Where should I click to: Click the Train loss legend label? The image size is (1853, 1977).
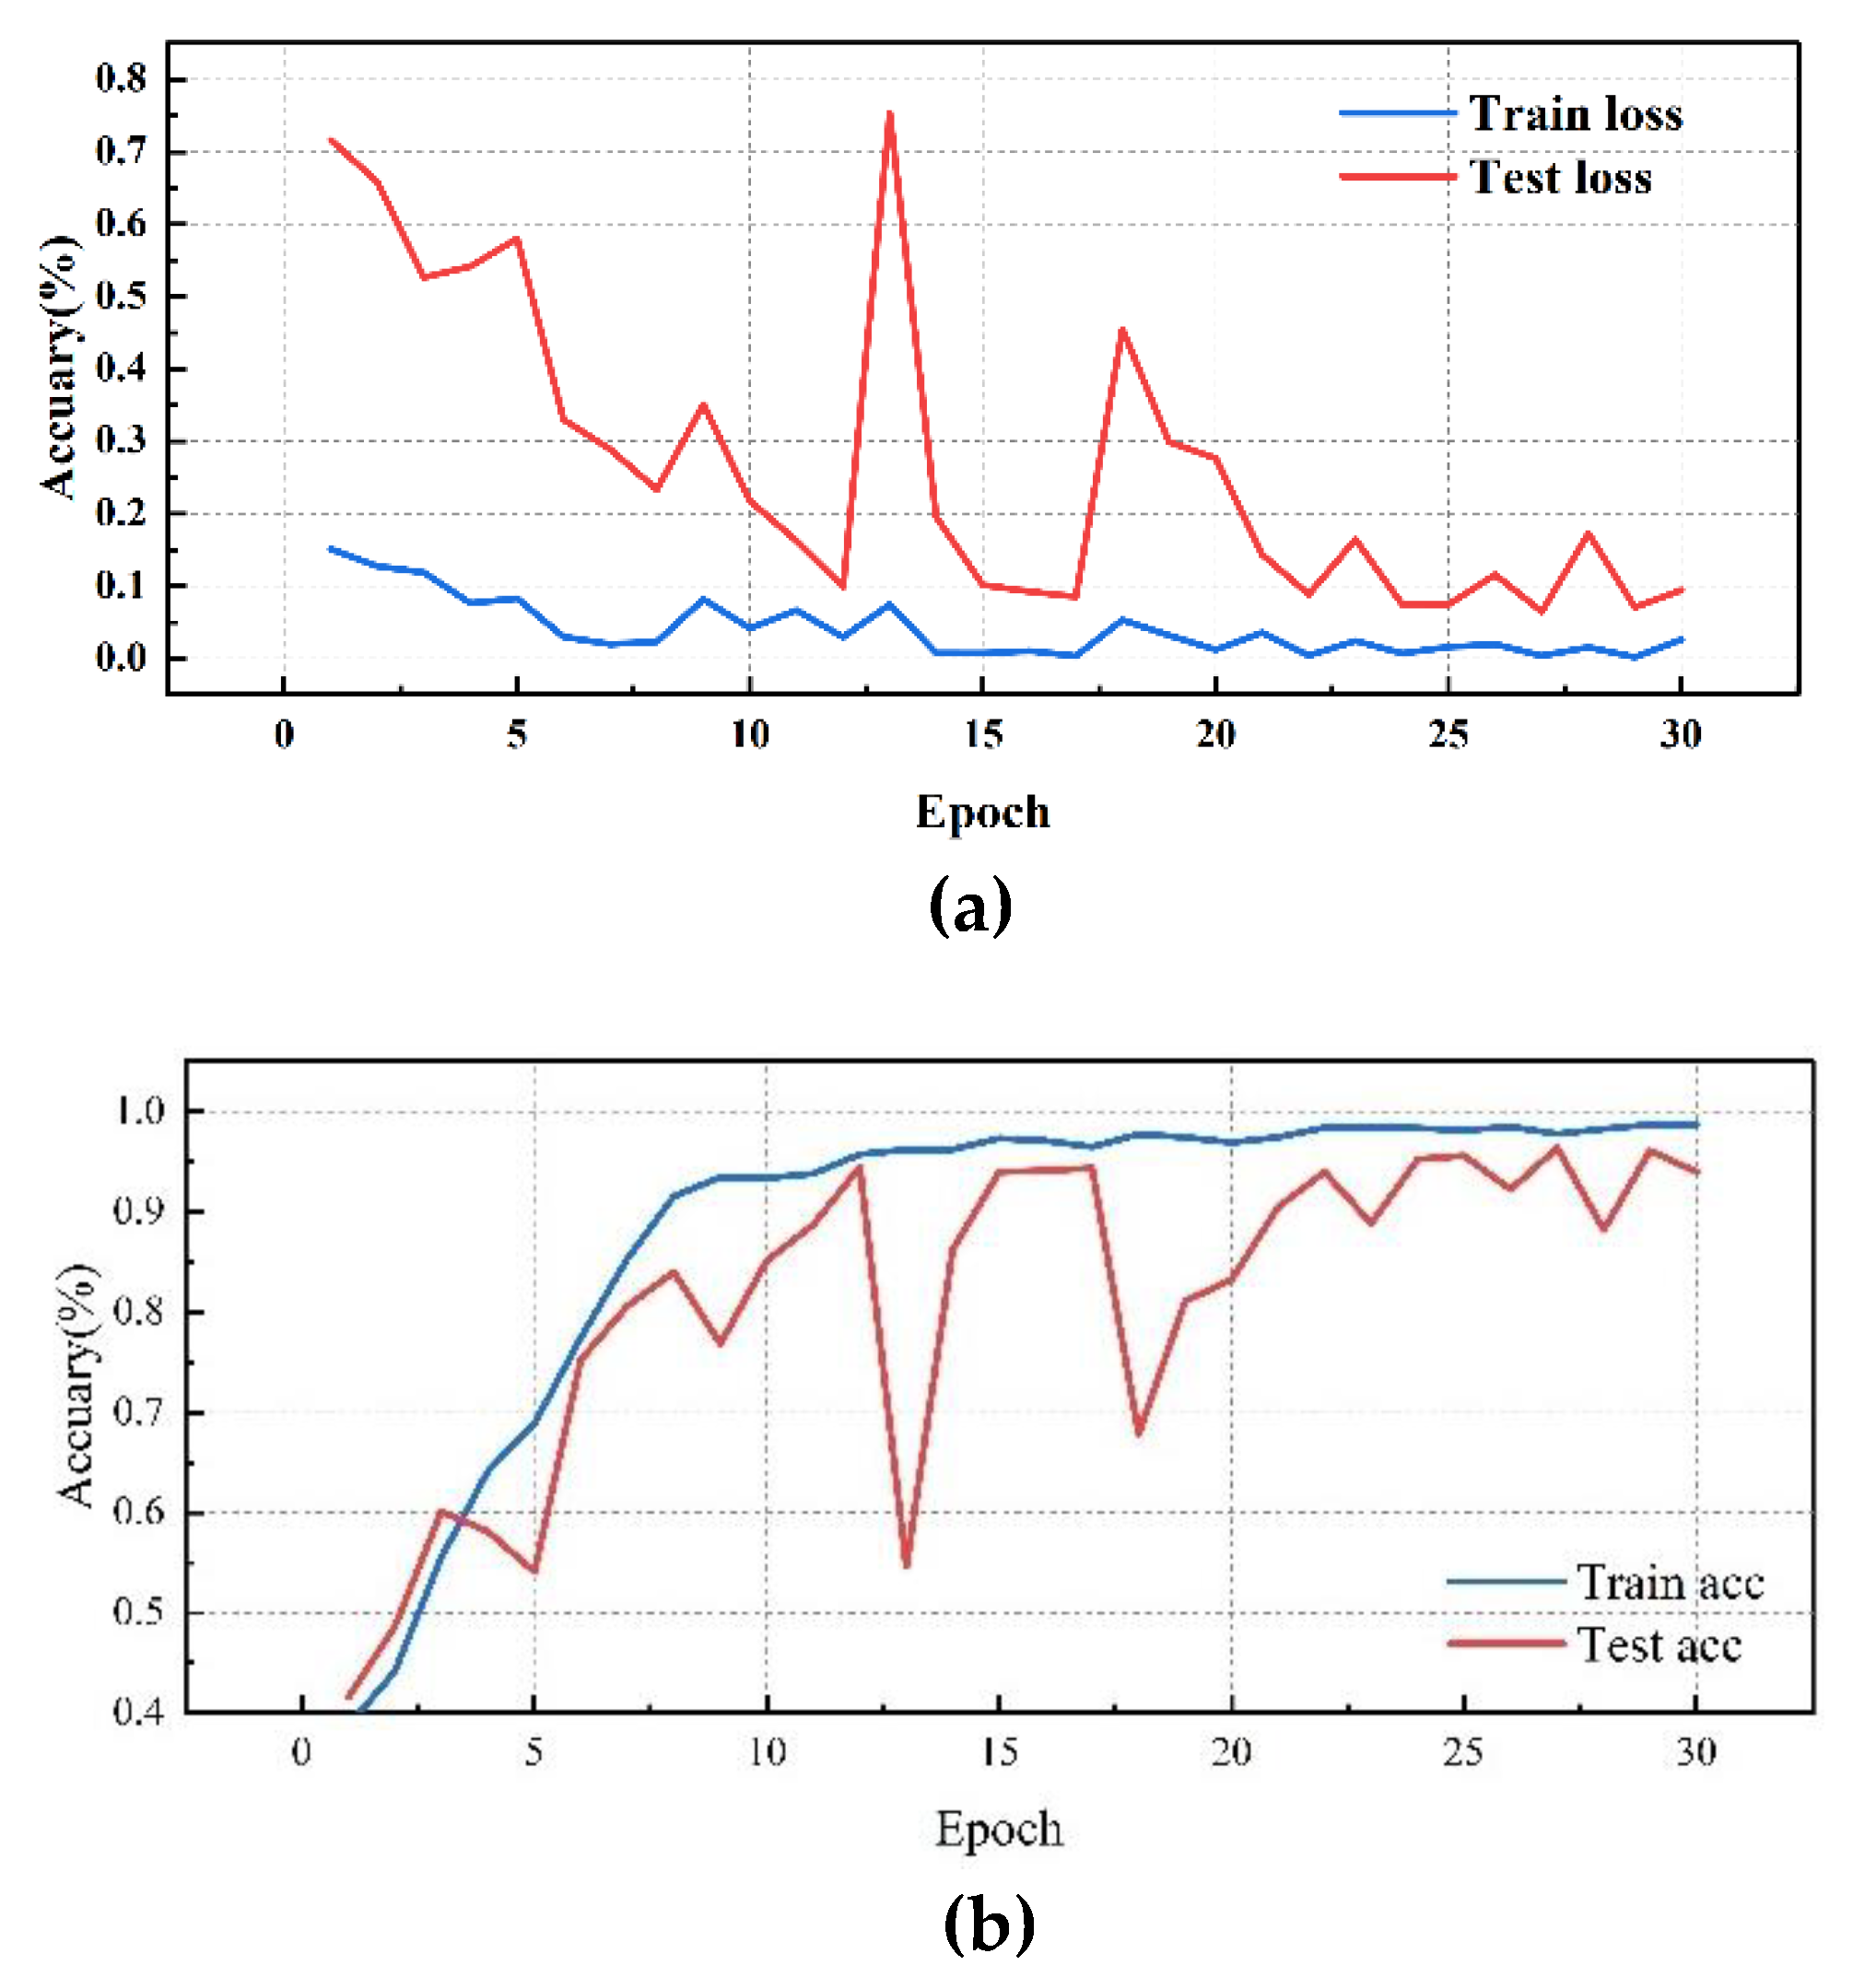1575,114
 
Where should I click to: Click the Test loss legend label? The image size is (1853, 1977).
1560,178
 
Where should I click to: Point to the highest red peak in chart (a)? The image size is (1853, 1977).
889,113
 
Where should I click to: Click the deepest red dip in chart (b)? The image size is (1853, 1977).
906,1566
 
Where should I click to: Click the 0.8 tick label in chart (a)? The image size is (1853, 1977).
121,78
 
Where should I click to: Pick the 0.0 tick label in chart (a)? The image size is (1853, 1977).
121,658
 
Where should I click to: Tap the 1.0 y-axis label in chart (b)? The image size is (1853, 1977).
139,1111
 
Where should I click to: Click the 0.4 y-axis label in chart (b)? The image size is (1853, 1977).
139,1712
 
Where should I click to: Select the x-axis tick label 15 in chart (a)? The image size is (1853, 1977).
982,735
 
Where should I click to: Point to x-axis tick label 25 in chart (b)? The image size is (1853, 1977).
1463,1751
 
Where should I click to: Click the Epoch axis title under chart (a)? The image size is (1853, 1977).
982,812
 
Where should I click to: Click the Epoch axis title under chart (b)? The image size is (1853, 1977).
999,1829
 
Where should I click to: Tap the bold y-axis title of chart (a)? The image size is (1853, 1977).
60,368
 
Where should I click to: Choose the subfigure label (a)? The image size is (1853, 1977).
969,905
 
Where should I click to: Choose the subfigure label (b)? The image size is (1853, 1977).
989,1923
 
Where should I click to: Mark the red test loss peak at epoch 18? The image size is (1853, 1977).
1122,329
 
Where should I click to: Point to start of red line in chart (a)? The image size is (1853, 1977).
331,140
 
